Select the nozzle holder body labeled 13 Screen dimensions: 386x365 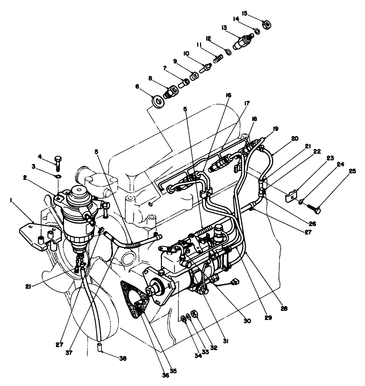[x=243, y=41]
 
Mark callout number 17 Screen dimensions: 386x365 [x=247, y=103]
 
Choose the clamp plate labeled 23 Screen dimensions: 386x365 [x=291, y=196]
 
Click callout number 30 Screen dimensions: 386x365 [x=247, y=321]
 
